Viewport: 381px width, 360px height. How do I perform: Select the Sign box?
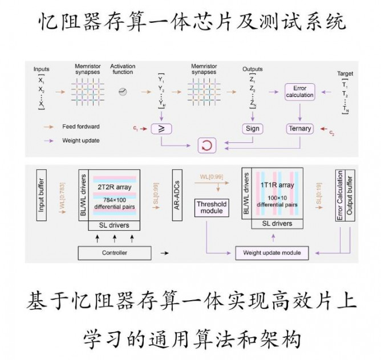coord(253,129)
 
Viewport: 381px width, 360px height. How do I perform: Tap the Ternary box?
coord(299,129)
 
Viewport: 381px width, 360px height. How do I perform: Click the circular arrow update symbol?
coord(206,146)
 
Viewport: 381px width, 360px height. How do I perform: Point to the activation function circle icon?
coord(122,91)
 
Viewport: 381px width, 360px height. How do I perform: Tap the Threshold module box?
coord(211,207)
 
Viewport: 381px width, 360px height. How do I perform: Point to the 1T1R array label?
coord(278,185)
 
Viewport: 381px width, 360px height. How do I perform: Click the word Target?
coord(345,73)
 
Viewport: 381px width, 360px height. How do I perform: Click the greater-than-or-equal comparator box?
coord(161,129)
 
